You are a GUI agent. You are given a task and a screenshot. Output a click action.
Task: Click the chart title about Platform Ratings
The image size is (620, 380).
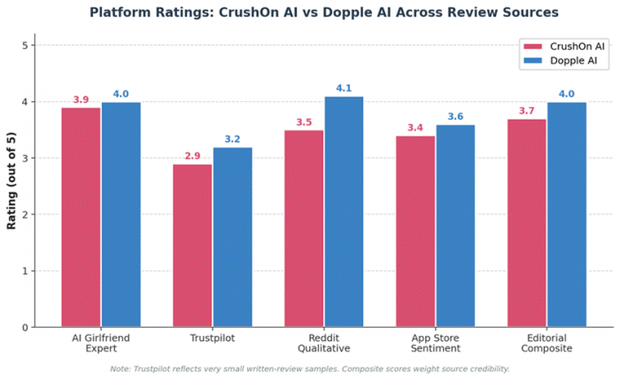pyautogui.click(x=323, y=13)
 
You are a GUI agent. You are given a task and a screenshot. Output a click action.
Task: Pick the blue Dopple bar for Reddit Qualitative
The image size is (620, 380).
pyautogui.click(x=344, y=212)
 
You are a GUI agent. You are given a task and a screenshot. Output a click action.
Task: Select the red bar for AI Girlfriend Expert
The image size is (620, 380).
pyautogui.click(x=81, y=217)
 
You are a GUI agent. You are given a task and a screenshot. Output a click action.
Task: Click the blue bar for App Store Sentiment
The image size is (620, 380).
pyautogui.click(x=455, y=226)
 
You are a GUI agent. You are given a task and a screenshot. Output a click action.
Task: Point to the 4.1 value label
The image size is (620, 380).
pyautogui.click(x=344, y=89)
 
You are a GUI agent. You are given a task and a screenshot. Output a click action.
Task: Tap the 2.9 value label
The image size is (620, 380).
pyautogui.click(x=192, y=156)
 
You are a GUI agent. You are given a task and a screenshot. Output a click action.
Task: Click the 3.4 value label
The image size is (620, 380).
pyautogui.click(x=415, y=128)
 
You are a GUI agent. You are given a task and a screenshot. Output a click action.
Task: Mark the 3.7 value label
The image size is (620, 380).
pyautogui.click(x=526, y=111)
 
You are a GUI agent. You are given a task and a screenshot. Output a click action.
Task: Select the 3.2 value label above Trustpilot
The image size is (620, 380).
pyautogui.click(x=233, y=139)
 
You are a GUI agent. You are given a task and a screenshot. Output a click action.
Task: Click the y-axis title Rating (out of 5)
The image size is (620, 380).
pyautogui.click(x=12, y=186)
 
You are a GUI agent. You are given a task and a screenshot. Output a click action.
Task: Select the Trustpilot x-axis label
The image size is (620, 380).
pyautogui.click(x=213, y=338)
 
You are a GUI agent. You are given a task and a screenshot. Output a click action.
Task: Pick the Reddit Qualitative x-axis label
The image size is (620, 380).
pyautogui.click(x=323, y=344)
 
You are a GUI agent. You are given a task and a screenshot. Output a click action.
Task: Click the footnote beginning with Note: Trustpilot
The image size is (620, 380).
pyautogui.click(x=310, y=368)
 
